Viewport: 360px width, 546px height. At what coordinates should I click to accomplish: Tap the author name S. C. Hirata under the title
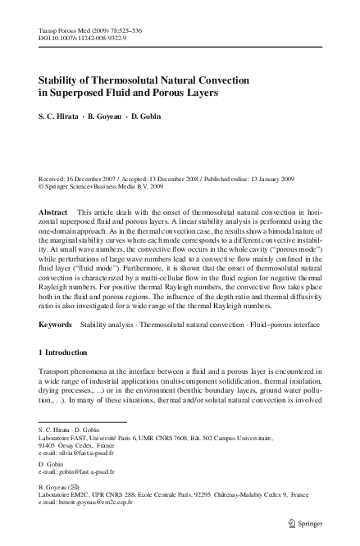click(x=62, y=117)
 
